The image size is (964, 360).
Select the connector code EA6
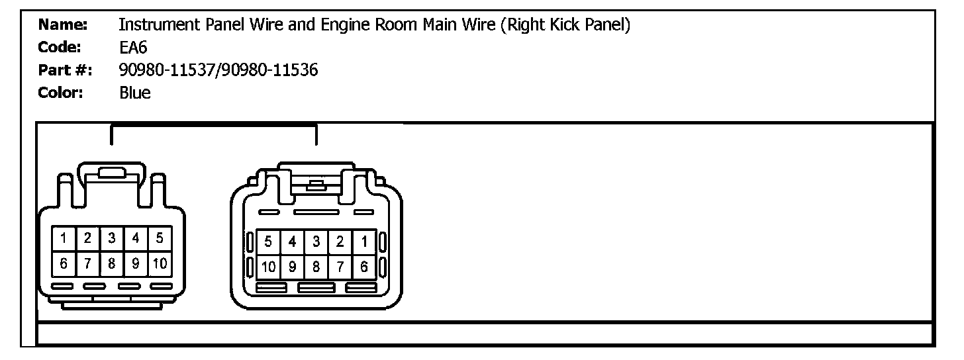pyautogui.click(x=132, y=48)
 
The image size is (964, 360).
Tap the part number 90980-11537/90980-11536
pyautogui.click(x=218, y=70)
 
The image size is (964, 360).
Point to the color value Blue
pyautogui.click(x=134, y=93)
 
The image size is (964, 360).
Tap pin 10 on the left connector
pyautogui.click(x=160, y=263)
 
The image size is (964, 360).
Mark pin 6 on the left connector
pyautogui.click(x=64, y=263)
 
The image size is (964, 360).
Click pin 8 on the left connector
pyautogui.click(x=112, y=263)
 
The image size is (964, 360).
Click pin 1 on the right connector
pyautogui.click(x=364, y=242)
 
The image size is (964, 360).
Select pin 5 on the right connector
pyautogui.click(x=268, y=242)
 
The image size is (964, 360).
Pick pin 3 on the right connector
pyautogui.click(x=316, y=242)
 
